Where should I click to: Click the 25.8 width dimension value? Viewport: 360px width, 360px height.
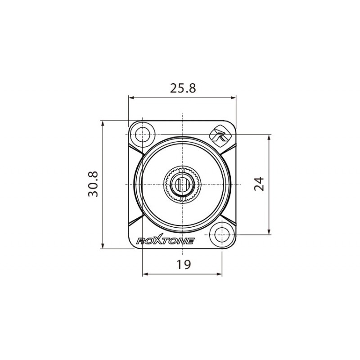(x=183, y=88)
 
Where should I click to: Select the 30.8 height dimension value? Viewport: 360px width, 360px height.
(x=94, y=184)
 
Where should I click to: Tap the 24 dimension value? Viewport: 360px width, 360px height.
(x=259, y=184)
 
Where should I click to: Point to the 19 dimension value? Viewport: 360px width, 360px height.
(x=183, y=265)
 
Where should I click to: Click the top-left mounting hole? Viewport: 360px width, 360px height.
(x=143, y=134)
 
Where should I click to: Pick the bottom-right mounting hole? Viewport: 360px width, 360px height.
(x=221, y=234)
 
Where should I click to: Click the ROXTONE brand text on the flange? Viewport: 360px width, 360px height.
(x=165, y=241)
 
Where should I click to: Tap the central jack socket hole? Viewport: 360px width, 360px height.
(x=182, y=184)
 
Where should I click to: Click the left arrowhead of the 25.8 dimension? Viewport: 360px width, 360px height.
(x=131, y=97)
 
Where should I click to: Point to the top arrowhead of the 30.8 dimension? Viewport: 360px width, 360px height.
(x=103, y=123)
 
